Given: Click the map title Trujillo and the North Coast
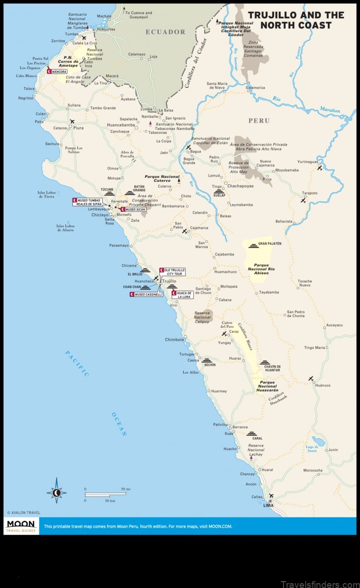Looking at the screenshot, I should click(296, 20).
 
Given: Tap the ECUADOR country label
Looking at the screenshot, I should click(165, 32).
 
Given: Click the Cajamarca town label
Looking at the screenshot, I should click(199, 228).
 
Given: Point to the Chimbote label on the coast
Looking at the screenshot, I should click(174, 340).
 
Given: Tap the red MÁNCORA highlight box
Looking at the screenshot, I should click(57, 72).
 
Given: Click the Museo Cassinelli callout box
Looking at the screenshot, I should click(146, 294).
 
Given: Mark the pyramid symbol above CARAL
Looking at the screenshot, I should click(252, 433).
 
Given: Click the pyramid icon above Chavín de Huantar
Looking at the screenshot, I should click(265, 362).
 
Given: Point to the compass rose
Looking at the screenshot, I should click(57, 491).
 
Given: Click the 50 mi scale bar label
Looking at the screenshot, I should click(126, 489).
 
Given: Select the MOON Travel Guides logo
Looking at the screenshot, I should click(20, 526).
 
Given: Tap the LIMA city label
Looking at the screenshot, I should click(268, 505).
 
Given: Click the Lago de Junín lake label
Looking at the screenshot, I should click(312, 448).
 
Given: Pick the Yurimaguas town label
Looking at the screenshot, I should click(308, 161).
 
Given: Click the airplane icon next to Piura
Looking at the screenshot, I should click(73, 121).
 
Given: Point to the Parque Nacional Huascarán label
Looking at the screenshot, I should click(267, 386).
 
